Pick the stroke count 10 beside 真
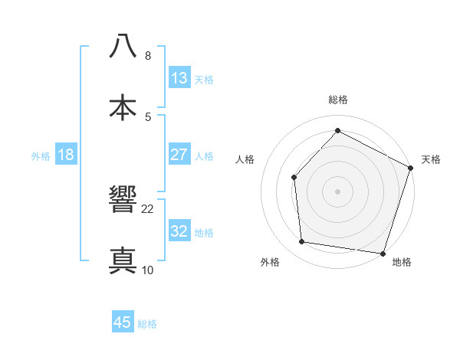(x=148, y=270)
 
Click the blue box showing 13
(x=179, y=78)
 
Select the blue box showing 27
(x=179, y=155)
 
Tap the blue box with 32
(x=179, y=231)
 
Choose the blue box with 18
(x=66, y=155)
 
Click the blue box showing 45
(x=123, y=322)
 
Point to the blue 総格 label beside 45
(x=147, y=324)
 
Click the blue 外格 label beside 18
(x=41, y=156)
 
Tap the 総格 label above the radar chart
(x=337, y=100)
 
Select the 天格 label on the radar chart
(x=431, y=159)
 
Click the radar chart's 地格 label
(x=402, y=263)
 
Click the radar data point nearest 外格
(x=302, y=242)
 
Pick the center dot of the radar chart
(x=337, y=191)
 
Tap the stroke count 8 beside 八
(x=148, y=55)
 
